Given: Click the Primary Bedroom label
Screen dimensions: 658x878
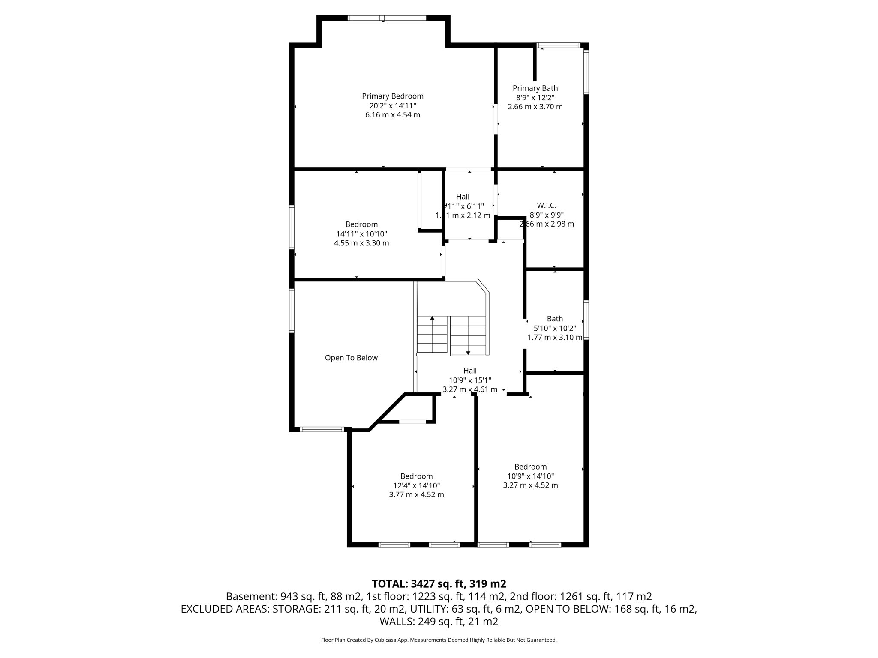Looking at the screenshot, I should point(392,96).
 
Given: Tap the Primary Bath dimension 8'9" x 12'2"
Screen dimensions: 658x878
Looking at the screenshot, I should point(535,97).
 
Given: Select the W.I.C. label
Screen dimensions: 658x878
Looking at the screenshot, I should point(547,206).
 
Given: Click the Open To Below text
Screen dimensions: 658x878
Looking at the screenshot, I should point(351,358).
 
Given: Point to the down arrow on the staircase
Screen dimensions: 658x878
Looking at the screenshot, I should point(468,352).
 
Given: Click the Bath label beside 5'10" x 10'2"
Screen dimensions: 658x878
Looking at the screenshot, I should point(555,319).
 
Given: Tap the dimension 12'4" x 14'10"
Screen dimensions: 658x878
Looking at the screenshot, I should point(416,485).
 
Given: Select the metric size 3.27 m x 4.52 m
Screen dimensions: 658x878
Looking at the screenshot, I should point(530,485).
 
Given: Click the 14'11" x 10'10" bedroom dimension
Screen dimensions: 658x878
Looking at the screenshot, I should point(361,234).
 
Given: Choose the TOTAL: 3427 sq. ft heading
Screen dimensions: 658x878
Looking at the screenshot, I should point(439,584).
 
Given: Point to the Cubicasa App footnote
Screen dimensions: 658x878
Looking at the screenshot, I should point(439,640).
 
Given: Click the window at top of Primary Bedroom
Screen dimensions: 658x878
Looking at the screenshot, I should point(387,18).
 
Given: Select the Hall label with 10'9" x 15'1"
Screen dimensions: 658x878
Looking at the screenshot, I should point(470,371).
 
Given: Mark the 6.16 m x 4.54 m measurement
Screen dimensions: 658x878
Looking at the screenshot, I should point(392,115).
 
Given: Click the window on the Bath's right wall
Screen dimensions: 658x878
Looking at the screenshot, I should point(586,320).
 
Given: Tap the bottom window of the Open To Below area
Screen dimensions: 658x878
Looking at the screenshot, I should point(322,429).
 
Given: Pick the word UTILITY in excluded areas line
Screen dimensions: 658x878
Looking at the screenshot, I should point(429,609).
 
